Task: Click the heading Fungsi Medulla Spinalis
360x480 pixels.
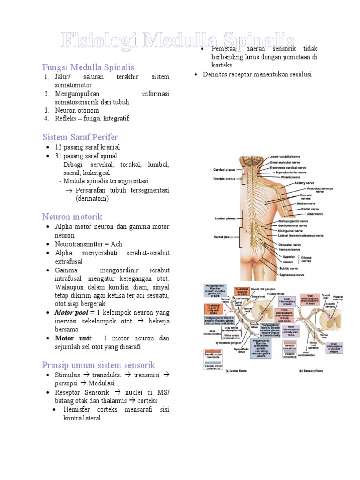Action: click(x=88, y=67)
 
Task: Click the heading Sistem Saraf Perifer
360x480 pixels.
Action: click(x=81, y=137)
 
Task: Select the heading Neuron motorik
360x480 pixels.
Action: click(x=72, y=216)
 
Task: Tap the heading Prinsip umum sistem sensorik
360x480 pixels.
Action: click(x=98, y=365)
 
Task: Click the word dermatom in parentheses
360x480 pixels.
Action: click(x=92, y=199)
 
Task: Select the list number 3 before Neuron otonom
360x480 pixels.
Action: click(x=47, y=110)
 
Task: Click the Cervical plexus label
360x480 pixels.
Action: click(x=224, y=169)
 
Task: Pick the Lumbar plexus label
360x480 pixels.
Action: click(x=224, y=218)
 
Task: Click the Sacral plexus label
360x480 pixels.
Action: click(x=223, y=237)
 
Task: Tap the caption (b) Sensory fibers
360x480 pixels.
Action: click(x=313, y=370)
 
